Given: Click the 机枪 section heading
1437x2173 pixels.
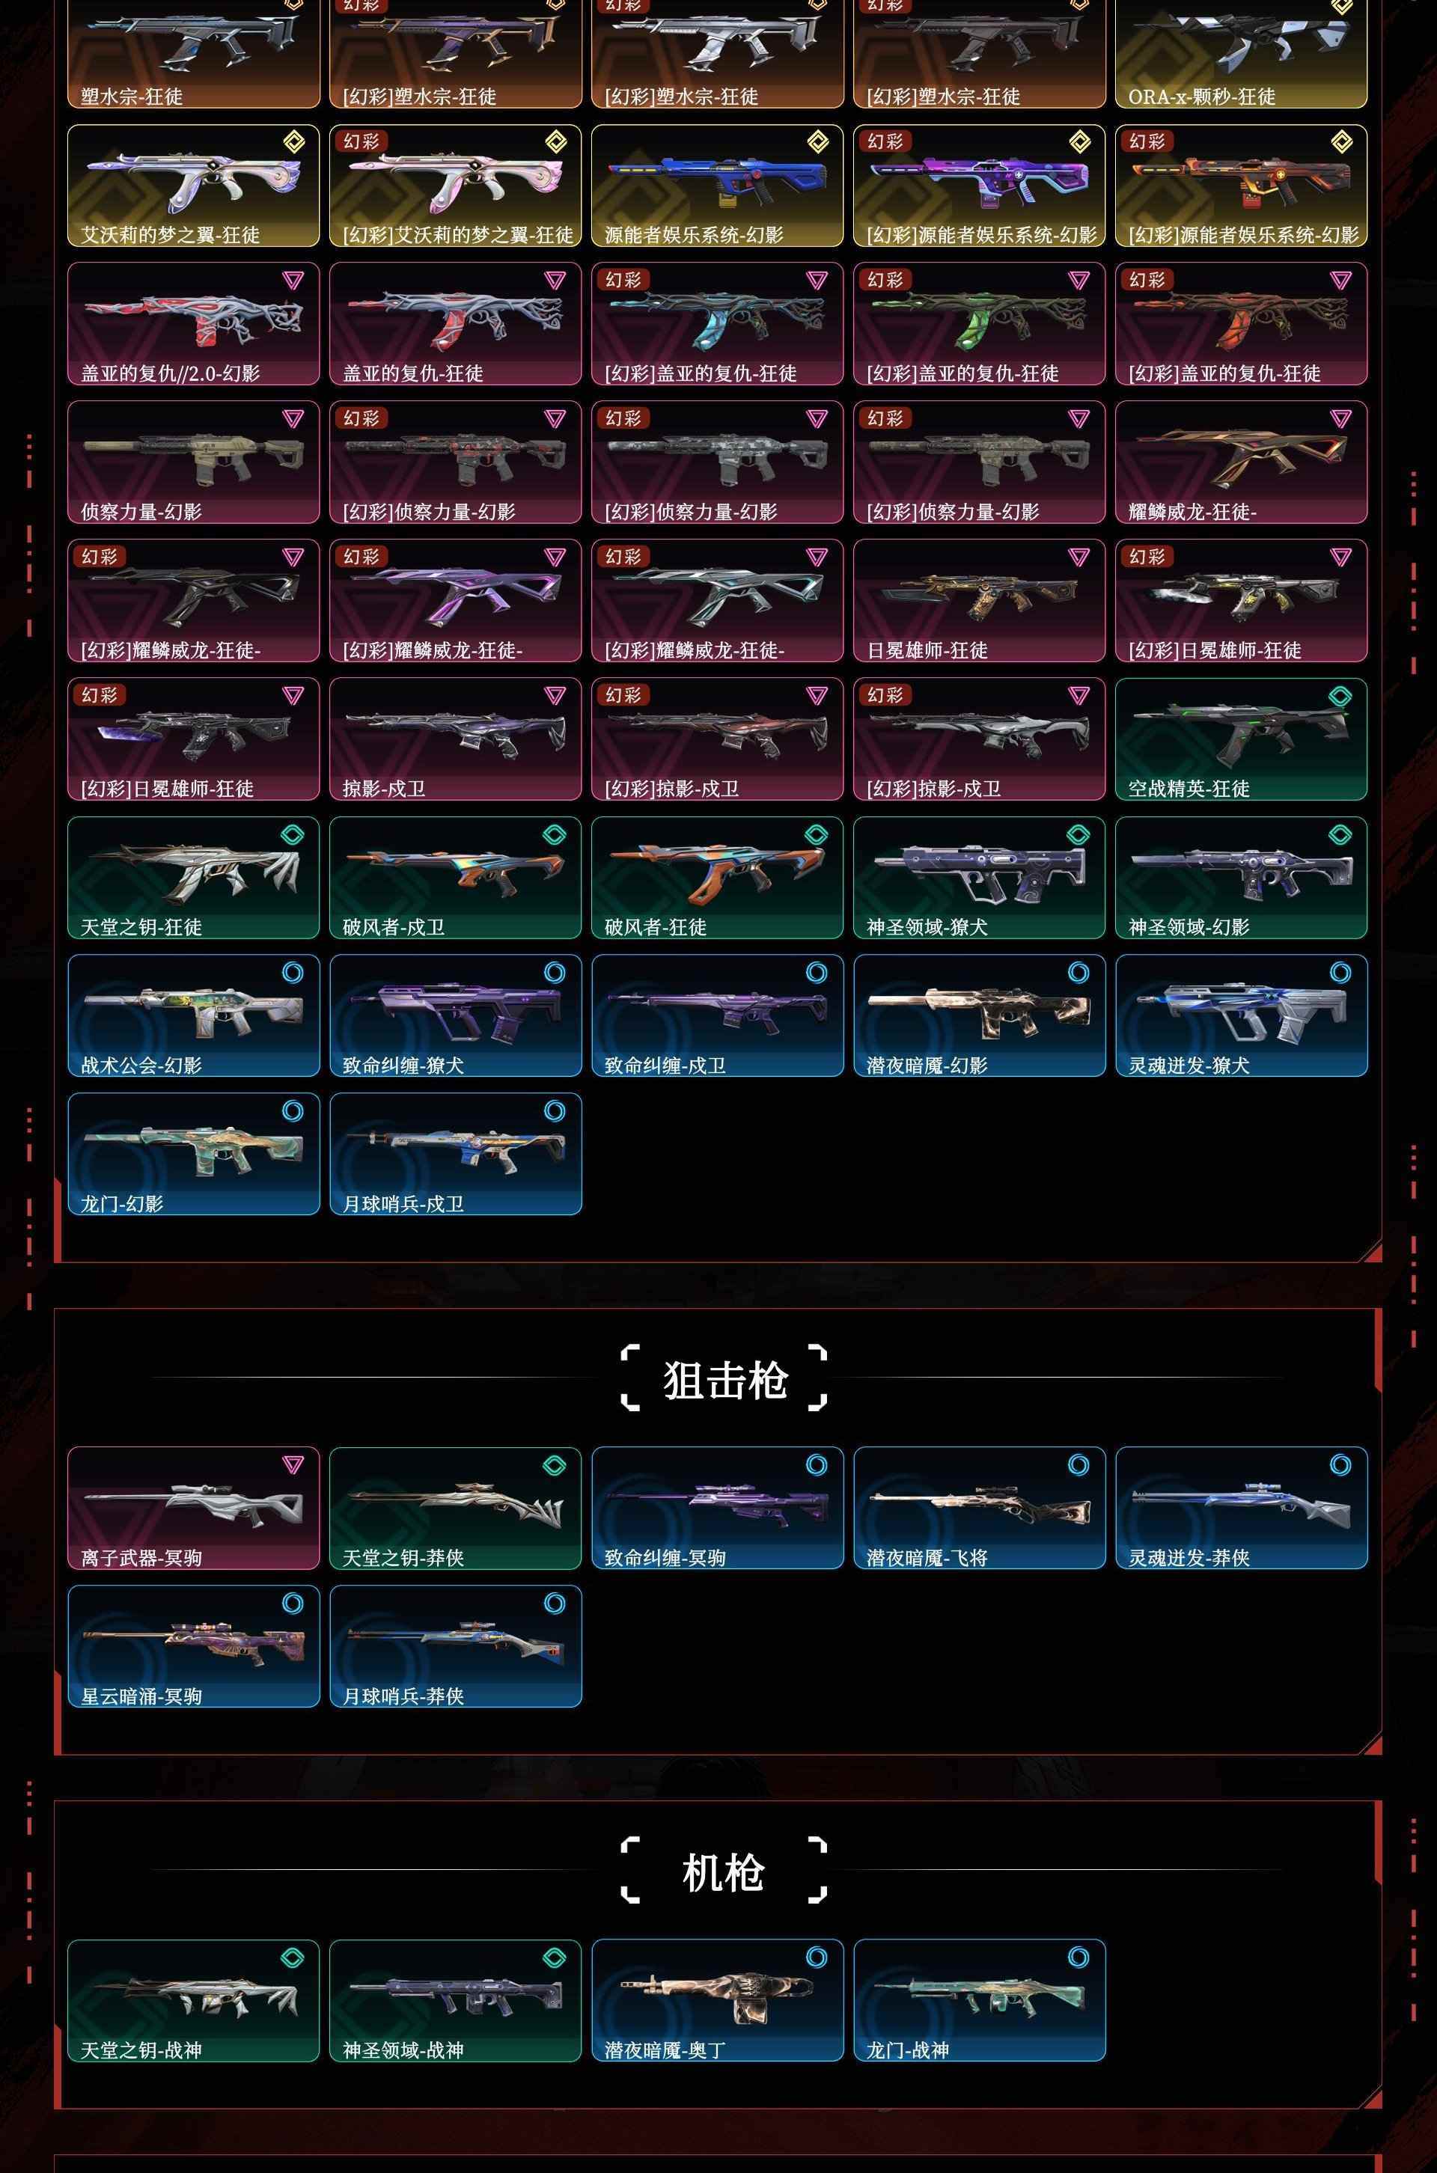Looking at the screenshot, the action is pos(723,1871).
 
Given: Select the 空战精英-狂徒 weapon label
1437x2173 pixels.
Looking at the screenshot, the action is pos(1189,788).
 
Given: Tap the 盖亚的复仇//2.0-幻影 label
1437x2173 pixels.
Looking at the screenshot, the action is pos(171,373).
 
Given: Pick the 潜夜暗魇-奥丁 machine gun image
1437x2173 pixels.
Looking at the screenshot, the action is pos(716,1996).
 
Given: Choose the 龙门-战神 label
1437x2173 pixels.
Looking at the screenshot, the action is pos(907,2050).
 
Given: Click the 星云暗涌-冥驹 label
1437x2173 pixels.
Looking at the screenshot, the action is pos(141,1696).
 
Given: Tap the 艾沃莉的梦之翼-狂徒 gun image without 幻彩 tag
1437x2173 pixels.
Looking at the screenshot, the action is pos(192,179).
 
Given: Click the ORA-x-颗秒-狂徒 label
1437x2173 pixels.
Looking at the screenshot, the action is pos(1201,97).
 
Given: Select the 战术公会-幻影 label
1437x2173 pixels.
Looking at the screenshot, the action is pos(141,1065).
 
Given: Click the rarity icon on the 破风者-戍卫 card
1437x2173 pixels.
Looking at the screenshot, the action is pos(555,834).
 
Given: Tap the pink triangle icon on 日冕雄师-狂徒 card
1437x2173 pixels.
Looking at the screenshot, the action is pos(1078,557).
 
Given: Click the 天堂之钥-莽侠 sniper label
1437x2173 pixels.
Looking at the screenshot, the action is pos(403,1557).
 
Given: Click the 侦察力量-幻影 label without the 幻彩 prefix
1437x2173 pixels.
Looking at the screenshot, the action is pos(141,511).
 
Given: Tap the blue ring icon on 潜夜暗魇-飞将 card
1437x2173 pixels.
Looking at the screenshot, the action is pos(1078,1465).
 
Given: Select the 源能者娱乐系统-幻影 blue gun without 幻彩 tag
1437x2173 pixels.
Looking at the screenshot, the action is pos(717,176).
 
